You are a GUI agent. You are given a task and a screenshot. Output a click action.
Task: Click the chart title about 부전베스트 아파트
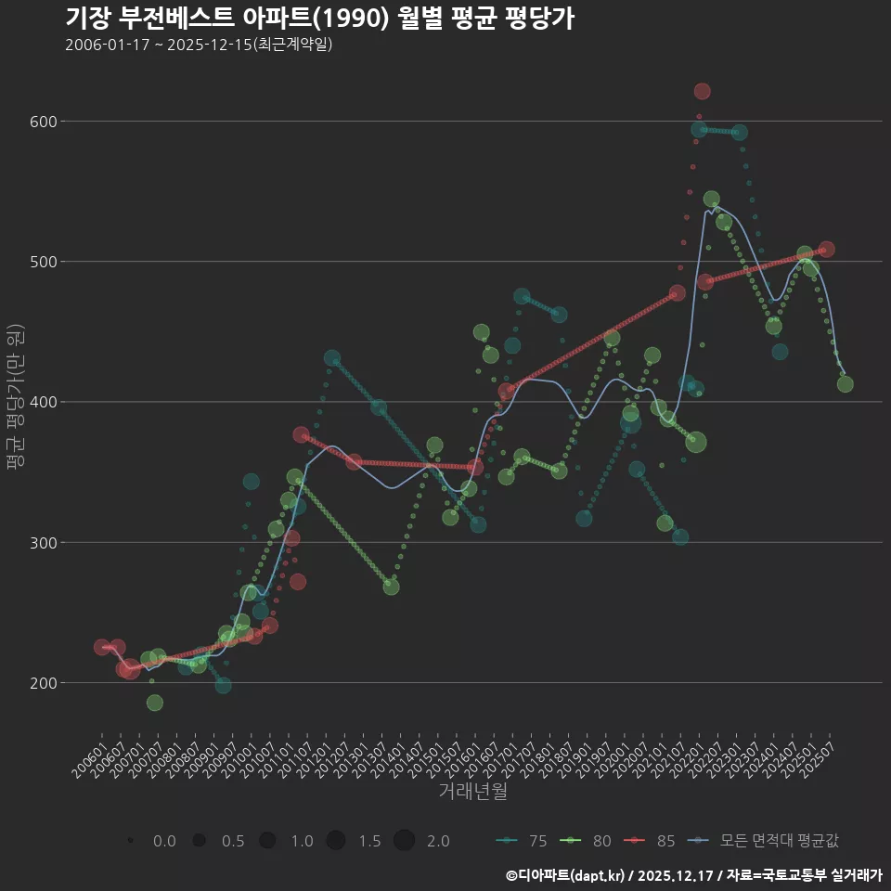tap(319, 19)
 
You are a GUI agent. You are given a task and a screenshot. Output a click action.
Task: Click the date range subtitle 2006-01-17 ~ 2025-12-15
tap(199, 45)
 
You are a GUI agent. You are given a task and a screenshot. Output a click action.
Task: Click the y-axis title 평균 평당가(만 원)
tap(14, 398)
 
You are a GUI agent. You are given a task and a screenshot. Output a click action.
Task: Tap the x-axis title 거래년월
tap(472, 792)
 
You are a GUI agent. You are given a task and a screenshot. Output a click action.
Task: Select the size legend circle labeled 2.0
tap(404, 841)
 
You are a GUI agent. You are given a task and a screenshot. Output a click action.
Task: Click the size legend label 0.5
tap(233, 841)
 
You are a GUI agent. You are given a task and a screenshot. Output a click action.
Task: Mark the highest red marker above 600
tap(702, 91)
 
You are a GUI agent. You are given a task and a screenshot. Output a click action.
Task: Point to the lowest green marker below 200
tap(155, 703)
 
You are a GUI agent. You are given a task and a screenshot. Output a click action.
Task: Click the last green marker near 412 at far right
tap(845, 384)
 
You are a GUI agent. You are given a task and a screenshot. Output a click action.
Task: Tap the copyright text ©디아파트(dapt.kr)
tap(567, 875)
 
